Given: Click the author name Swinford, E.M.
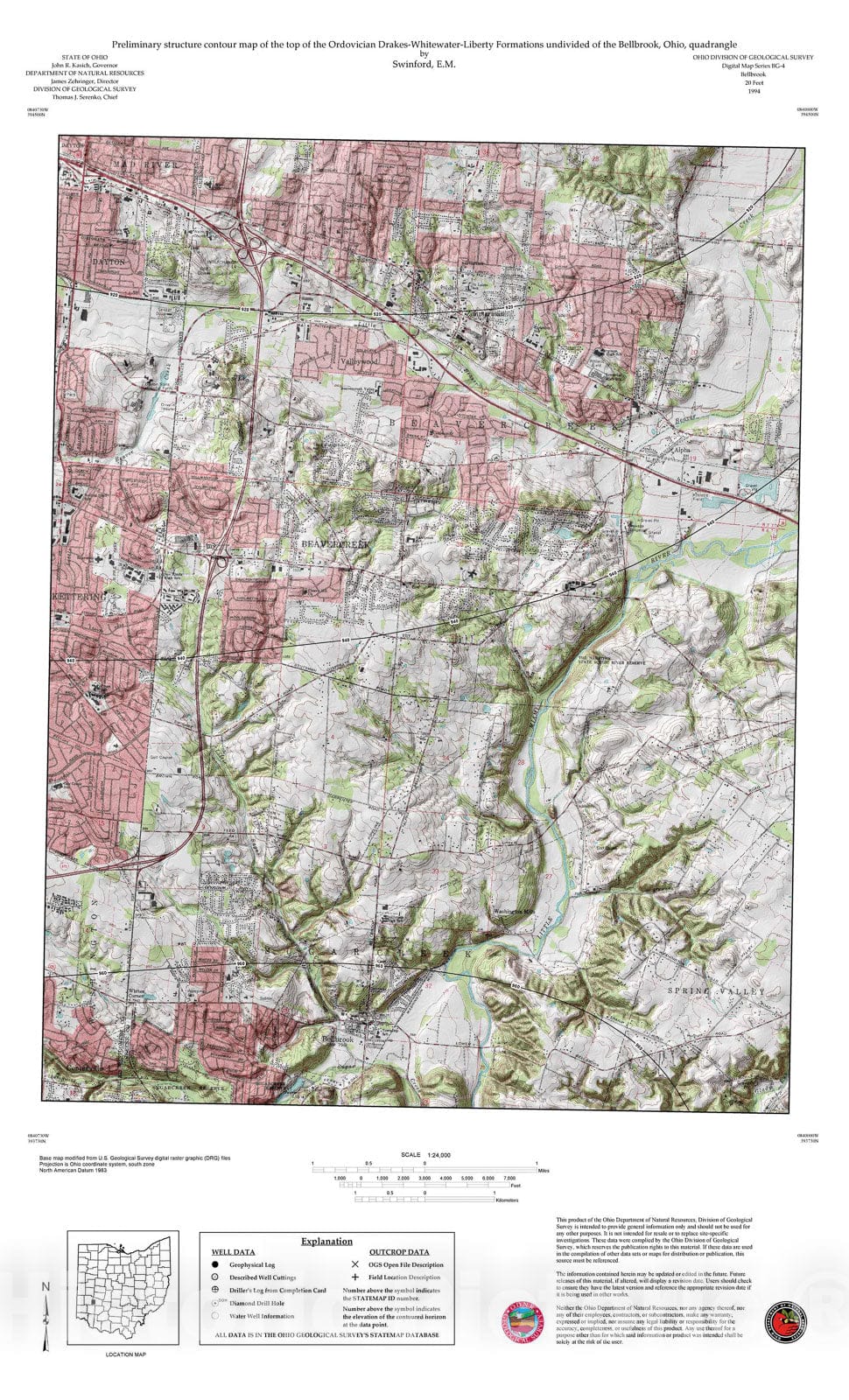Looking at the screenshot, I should tap(424, 64).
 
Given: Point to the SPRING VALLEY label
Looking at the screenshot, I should tap(729, 990).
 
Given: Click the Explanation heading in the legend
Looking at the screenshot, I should tap(326, 1241).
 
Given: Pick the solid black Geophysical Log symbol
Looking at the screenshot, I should tap(214, 1264).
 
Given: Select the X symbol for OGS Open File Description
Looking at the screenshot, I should tap(354, 1264).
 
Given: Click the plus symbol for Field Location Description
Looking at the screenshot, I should tap(354, 1277).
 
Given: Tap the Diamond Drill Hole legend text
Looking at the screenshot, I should tap(256, 1303).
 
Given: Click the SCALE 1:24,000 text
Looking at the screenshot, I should tap(424, 1155).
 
